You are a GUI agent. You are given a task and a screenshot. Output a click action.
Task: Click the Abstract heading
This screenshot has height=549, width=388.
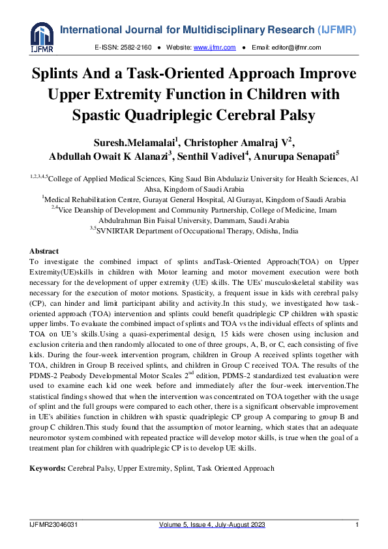(x=44, y=251)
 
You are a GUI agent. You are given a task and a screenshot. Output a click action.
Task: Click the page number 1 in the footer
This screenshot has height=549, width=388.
(x=357, y=525)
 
